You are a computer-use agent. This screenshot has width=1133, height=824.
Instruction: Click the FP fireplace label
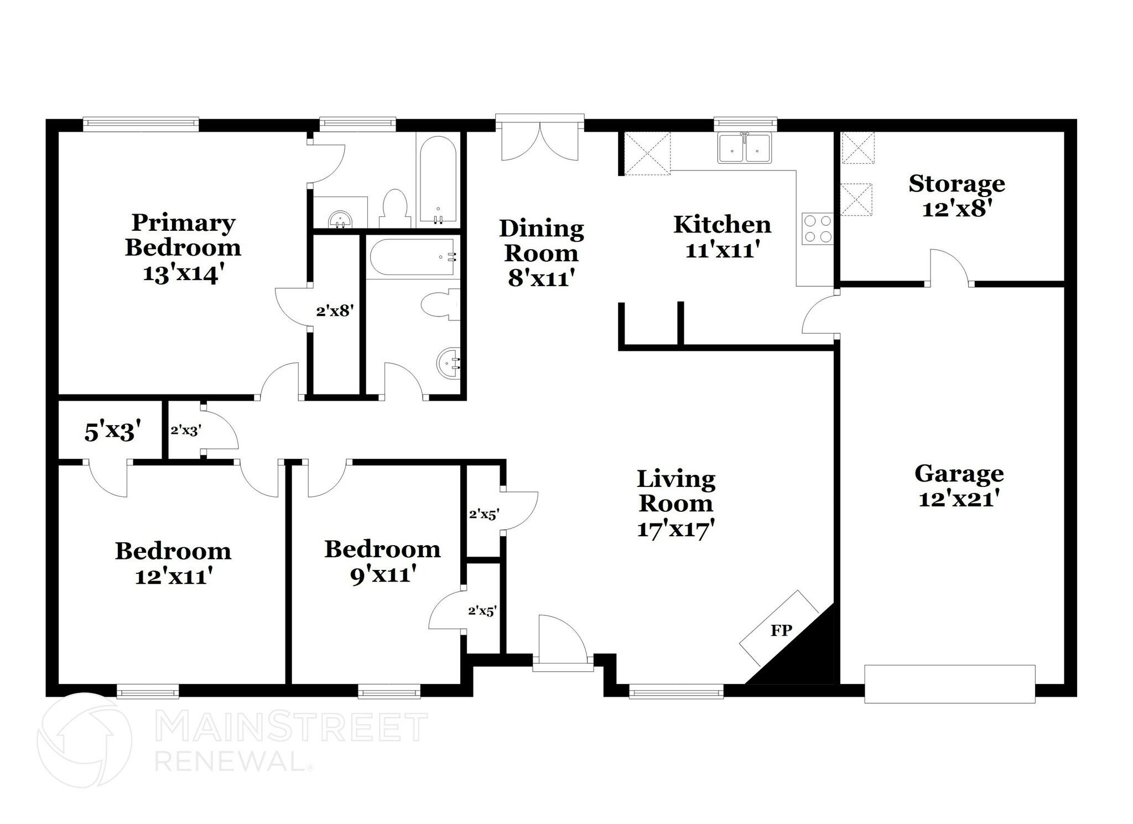pyautogui.click(x=781, y=630)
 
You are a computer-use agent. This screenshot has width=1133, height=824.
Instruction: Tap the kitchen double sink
pyautogui.click(x=744, y=148)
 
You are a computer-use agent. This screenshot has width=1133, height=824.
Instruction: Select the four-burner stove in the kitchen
pyautogui.click(x=818, y=229)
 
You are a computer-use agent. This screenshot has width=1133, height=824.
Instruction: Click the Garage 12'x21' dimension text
pyautogui.click(x=959, y=500)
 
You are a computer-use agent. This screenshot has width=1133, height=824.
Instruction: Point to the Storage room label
pyautogui.click(x=957, y=184)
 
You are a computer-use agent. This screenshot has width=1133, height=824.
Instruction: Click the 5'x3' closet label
pyautogui.click(x=110, y=432)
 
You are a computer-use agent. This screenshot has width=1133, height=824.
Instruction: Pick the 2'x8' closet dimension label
pyautogui.click(x=335, y=311)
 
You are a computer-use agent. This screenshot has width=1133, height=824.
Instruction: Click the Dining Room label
pyautogui.click(x=542, y=241)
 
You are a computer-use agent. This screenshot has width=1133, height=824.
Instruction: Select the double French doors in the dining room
pyautogui.click(x=539, y=141)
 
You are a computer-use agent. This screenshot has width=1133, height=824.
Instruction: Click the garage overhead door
pyautogui.click(x=949, y=684)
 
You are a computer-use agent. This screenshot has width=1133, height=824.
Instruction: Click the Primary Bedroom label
pyautogui.click(x=183, y=235)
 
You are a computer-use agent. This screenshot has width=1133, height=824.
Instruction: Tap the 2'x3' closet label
pyautogui.click(x=185, y=430)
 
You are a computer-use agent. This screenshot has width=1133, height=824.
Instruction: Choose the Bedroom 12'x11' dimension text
pyautogui.click(x=174, y=577)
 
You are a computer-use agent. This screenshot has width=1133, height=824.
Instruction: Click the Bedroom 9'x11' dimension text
pyautogui.click(x=383, y=575)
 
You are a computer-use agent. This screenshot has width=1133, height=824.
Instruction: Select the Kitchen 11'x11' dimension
pyautogui.click(x=721, y=251)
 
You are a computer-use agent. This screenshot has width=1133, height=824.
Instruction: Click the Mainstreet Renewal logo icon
pyautogui.click(x=84, y=740)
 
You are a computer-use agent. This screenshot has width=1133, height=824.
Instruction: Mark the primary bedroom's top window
pyautogui.click(x=141, y=124)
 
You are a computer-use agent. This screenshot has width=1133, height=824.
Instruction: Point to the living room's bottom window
pyautogui.click(x=676, y=691)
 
